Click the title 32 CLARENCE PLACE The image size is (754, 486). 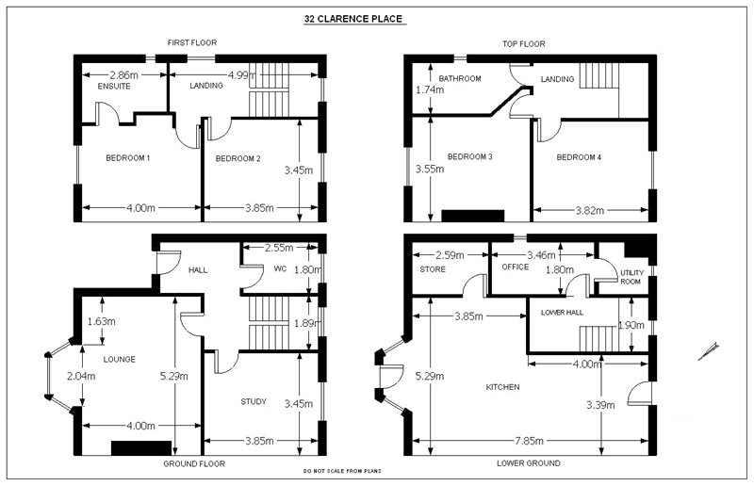pos(353,18)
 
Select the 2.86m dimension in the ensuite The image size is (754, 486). pos(123,73)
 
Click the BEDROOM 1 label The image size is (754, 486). pos(127,157)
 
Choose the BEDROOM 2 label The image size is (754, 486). pos(238,157)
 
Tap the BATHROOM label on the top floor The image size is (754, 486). pos(460,78)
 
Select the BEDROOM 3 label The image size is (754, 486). pos(470,156)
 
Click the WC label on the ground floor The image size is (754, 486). pos(280,268)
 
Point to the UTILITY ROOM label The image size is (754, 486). pos(631,276)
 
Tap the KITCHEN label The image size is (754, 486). pos(502,387)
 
